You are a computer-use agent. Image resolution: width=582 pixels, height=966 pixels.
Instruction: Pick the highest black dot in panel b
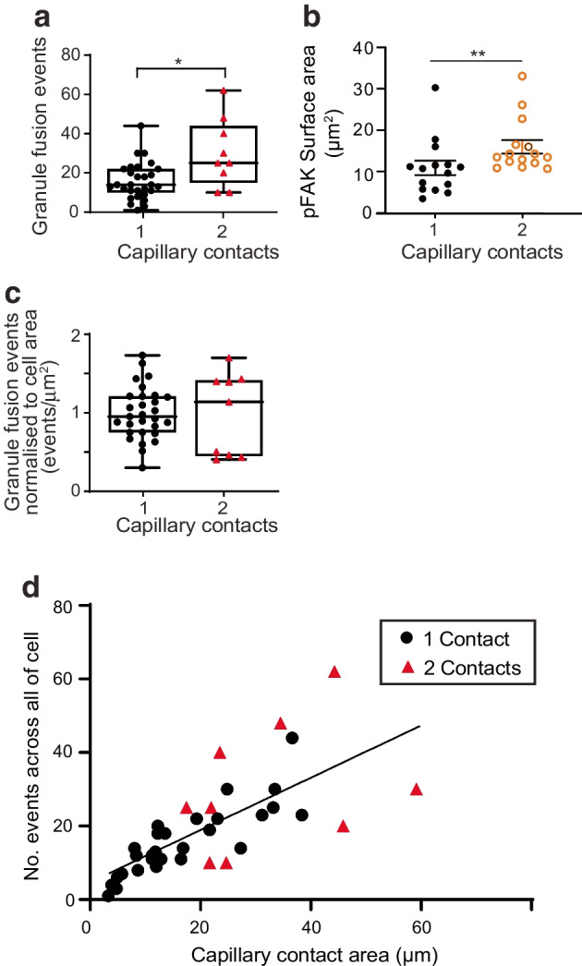click(434, 88)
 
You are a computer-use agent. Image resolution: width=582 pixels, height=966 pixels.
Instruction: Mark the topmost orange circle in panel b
click(522, 76)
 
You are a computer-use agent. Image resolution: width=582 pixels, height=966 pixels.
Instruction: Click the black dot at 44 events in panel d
click(292, 737)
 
